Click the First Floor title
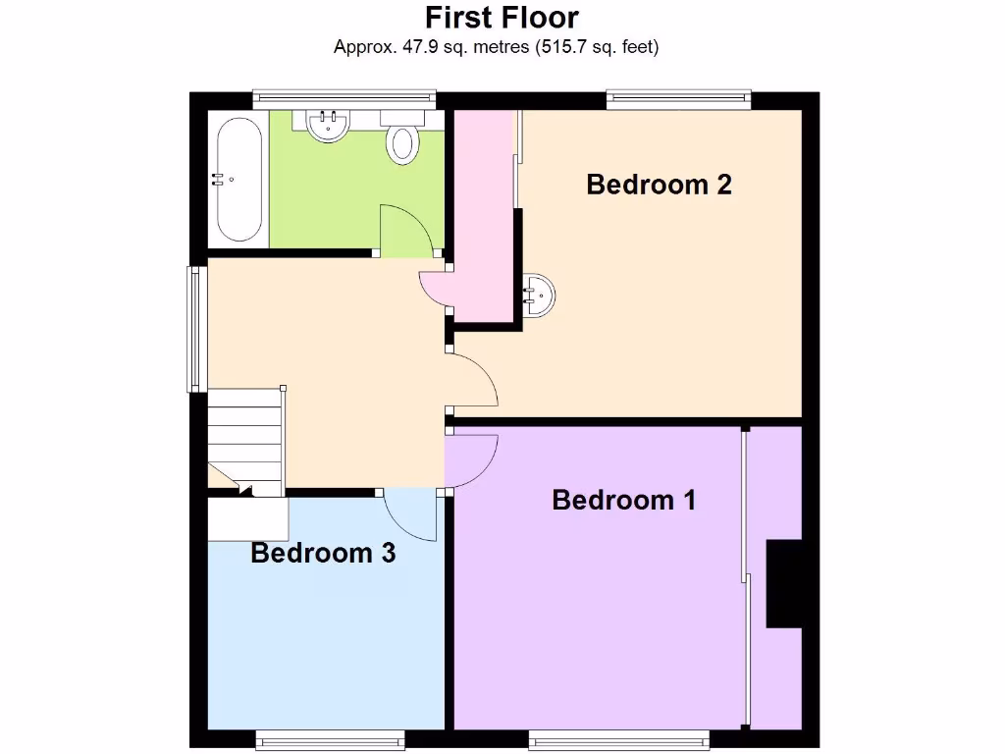pyautogui.click(x=502, y=18)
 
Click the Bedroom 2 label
pyautogui.click(x=659, y=185)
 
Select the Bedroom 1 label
pyautogui.click(x=623, y=500)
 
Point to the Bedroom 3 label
pyautogui.click(x=323, y=553)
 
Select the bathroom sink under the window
pyautogui.click(x=328, y=126)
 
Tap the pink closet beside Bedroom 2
pyautogui.click(x=484, y=216)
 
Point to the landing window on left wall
pyautogui.click(x=195, y=329)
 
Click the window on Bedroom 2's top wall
pyautogui.click(x=678, y=97)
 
